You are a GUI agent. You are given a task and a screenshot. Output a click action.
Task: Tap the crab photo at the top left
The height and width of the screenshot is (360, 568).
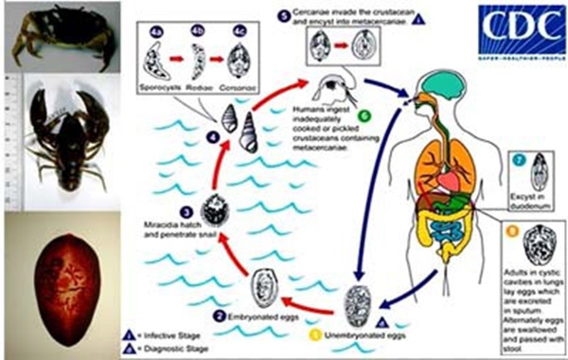tap(44, 32)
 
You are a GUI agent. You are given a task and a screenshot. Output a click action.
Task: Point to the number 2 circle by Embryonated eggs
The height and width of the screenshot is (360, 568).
tap(219, 315)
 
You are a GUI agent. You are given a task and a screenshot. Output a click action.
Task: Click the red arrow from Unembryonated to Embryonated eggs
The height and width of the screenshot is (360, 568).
tap(309, 307)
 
